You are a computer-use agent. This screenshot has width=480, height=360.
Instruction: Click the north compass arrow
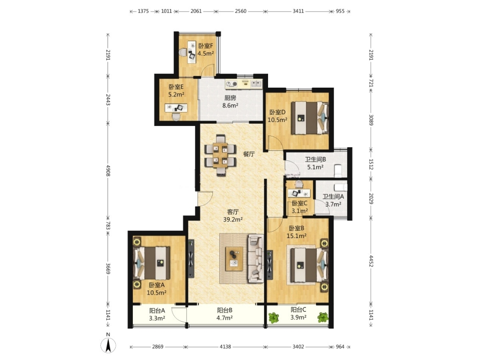108,346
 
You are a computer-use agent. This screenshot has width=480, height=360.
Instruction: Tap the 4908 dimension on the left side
108,170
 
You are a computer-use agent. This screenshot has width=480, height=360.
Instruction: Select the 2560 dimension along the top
240,11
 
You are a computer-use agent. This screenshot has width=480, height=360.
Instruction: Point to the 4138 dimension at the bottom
225,347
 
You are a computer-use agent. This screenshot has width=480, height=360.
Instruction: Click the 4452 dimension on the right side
371,261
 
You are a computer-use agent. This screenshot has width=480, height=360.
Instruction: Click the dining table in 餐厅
221,155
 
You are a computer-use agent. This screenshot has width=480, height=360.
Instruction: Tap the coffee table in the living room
234,259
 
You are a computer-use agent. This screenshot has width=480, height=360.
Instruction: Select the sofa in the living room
256,258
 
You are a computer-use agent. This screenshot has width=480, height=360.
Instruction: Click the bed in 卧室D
310,118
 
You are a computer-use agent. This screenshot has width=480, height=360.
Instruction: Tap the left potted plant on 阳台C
273,318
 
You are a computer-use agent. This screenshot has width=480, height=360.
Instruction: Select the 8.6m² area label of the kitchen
230,106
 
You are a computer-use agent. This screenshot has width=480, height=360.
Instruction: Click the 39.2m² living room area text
233,220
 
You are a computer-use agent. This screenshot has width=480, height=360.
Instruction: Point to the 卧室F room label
205,46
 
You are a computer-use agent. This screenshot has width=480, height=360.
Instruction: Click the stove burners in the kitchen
231,84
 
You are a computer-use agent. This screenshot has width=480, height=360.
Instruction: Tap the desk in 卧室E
176,108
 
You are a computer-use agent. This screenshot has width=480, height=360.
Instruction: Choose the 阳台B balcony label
225,310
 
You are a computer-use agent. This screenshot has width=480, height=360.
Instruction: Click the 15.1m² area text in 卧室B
296,236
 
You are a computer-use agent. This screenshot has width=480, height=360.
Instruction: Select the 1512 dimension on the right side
371,164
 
